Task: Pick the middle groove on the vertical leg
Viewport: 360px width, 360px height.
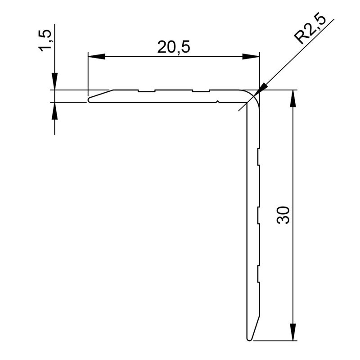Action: click(258, 215)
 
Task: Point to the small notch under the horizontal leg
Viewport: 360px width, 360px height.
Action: click(218, 102)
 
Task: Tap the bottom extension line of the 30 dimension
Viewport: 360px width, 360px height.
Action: click(274, 339)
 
